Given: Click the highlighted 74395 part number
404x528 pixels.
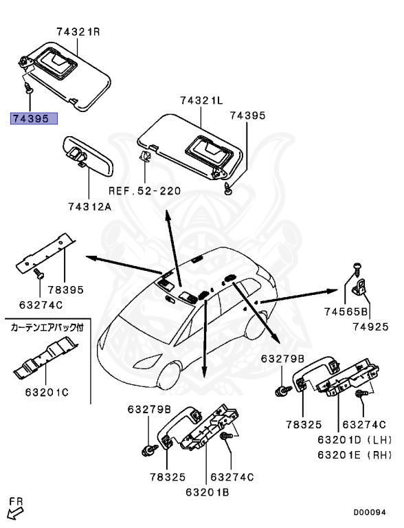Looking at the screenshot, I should [x=33, y=118].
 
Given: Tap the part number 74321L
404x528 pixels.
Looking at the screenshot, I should [x=201, y=100].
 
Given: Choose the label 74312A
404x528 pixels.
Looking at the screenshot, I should [x=89, y=206].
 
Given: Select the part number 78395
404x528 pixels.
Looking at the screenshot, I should [x=65, y=289].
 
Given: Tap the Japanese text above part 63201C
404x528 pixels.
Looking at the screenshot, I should [x=46, y=329].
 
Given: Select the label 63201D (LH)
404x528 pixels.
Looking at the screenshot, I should [x=353, y=439].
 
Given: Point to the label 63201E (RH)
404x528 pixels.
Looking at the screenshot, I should [x=353, y=454].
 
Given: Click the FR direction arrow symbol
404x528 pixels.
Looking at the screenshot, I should [x=14, y=510].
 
